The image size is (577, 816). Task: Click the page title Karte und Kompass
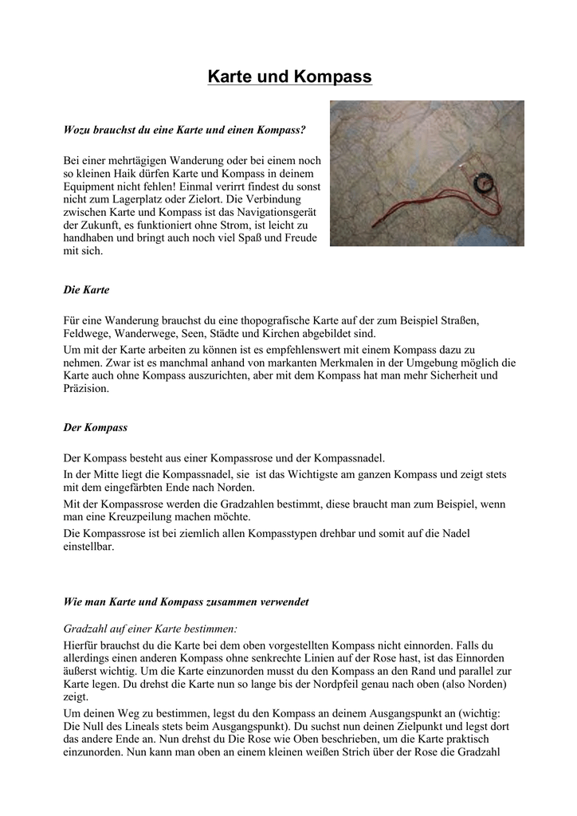click(x=289, y=77)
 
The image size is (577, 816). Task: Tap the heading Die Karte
click(x=86, y=290)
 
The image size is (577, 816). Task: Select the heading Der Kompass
click(x=95, y=427)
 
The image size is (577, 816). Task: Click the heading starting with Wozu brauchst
click(x=184, y=128)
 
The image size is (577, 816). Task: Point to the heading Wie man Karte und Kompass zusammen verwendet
click(x=186, y=602)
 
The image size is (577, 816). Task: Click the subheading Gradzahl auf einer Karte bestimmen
click(x=149, y=629)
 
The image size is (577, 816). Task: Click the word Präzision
click(x=85, y=390)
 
